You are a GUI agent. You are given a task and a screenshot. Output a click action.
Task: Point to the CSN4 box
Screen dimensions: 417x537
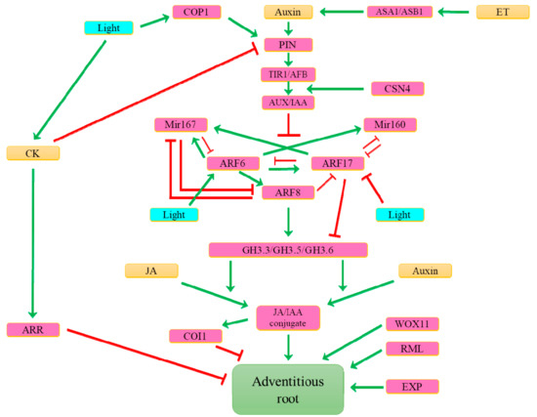[x=397, y=89]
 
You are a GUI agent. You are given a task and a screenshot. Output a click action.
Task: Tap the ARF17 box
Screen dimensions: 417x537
[x=337, y=164]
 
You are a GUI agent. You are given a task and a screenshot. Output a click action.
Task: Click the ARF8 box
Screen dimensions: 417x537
[x=288, y=192]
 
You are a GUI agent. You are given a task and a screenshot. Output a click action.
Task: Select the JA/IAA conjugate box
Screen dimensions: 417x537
[x=287, y=316]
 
